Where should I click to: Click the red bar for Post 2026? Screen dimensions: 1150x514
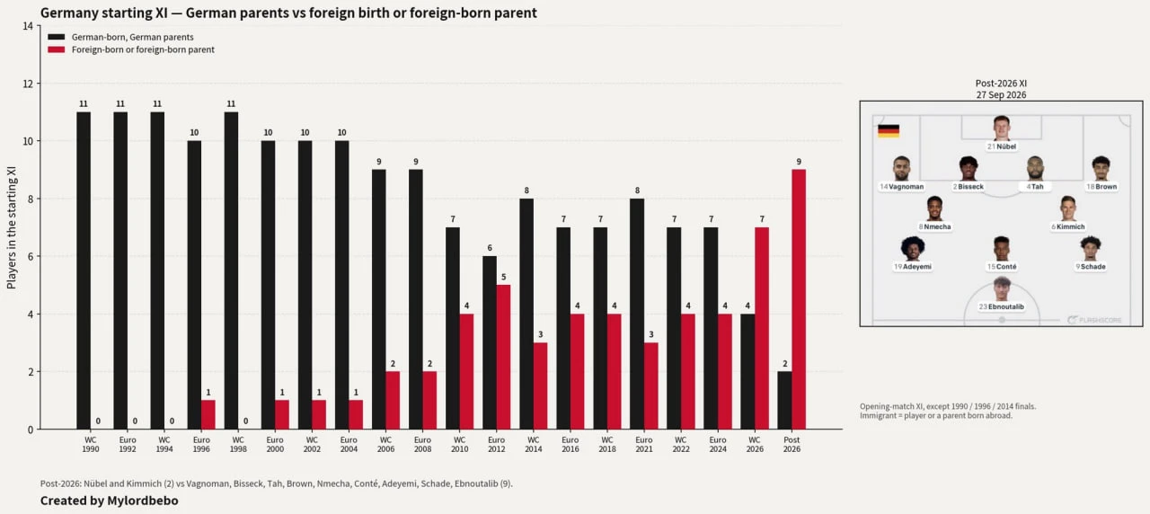pyautogui.click(x=799, y=299)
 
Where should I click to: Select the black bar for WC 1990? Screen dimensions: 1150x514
pyautogui.click(x=84, y=270)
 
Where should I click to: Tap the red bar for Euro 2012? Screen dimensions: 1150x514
pyautogui.click(x=504, y=357)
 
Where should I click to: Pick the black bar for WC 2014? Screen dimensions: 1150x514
pyautogui.click(x=526, y=314)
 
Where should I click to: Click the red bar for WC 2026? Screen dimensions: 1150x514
pyautogui.click(x=762, y=328)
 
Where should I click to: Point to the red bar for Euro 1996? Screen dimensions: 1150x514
pyautogui.click(x=208, y=415)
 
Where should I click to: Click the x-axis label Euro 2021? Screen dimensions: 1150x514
pyautogui.click(x=644, y=444)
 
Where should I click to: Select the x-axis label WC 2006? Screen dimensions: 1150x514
pyautogui.click(x=385, y=444)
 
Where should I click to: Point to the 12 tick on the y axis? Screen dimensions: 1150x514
pyautogui.click(x=28, y=84)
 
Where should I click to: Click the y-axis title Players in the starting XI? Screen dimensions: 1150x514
pyautogui.click(x=12, y=227)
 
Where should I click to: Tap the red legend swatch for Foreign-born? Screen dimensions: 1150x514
pyautogui.click(x=57, y=49)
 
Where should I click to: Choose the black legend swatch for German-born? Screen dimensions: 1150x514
pyautogui.click(x=57, y=37)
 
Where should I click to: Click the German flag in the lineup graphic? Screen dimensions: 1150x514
pyautogui.click(x=889, y=131)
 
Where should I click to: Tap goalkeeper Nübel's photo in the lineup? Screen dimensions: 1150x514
pyautogui.click(x=1002, y=128)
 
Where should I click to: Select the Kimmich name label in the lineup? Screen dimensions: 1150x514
pyautogui.click(x=1068, y=226)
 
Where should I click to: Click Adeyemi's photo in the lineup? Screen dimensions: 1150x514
pyautogui.click(x=912, y=249)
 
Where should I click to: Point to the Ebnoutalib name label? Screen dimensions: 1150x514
pyautogui.click(x=1002, y=306)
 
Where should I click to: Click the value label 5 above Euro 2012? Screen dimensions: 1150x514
pyautogui.click(x=504, y=278)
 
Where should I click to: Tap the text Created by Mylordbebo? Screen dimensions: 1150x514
pyautogui.click(x=110, y=501)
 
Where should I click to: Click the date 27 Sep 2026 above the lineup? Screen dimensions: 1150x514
pyautogui.click(x=1001, y=95)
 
